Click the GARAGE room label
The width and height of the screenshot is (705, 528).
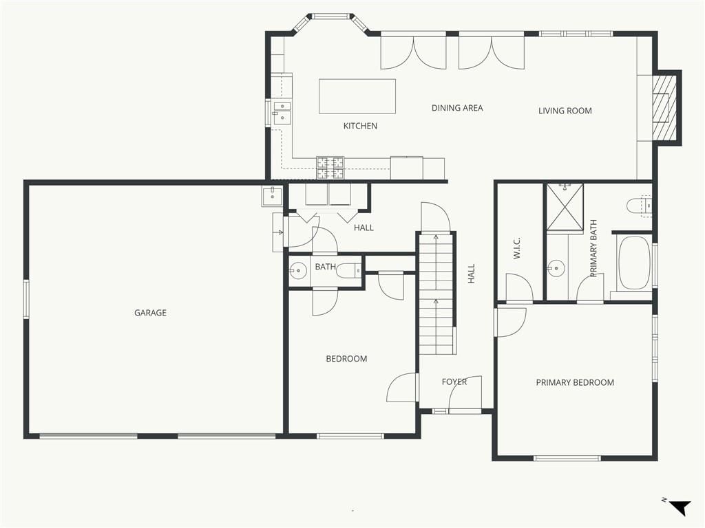150,313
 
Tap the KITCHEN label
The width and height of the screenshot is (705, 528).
360,126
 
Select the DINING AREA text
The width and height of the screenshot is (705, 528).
457,108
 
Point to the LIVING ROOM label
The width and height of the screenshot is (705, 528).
565,111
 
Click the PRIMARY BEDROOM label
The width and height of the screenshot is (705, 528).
575,382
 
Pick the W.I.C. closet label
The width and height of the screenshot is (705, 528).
516,247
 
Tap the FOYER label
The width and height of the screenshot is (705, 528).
454,382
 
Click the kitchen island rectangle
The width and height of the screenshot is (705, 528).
357,96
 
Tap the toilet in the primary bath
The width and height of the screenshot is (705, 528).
639,206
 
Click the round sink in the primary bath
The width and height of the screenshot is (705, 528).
556,268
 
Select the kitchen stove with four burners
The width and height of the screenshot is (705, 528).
330,168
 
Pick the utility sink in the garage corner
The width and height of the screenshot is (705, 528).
272,196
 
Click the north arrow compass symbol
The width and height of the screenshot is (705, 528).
679,507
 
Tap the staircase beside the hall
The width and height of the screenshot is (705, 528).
436,294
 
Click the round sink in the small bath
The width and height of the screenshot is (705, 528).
297,270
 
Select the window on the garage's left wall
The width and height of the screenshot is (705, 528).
26,299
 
